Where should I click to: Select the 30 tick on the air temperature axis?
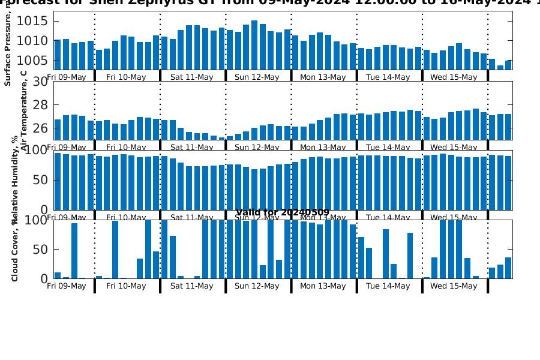click(x=40, y=82)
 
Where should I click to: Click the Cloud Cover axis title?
click(x=15, y=250)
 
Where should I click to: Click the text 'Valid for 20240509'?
click(x=282, y=212)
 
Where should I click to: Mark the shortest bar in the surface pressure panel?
click(x=500, y=67)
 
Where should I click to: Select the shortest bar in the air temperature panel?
click(x=221, y=139)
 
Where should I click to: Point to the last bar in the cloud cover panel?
click(x=508, y=268)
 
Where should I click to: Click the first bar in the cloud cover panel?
click(x=58, y=275)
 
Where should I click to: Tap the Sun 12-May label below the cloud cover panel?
click(x=257, y=286)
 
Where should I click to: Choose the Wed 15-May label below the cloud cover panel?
click(x=454, y=286)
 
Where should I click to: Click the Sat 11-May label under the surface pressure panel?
click(x=192, y=77)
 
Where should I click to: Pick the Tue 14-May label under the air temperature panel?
click(x=388, y=147)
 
